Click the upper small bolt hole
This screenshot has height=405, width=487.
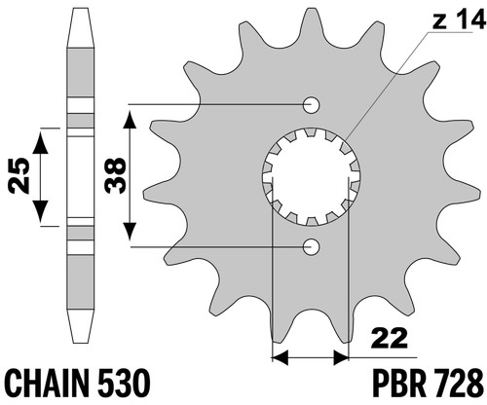pos(311,105)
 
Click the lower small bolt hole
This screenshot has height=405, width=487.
pos(311,247)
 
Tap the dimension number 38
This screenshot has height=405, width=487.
pos(115,175)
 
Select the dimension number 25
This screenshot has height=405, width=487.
pos(19,175)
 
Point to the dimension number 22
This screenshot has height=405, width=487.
pos(390,338)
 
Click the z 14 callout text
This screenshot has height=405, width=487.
pos(458,22)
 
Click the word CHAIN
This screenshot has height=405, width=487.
pos(48,383)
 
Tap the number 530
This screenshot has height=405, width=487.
pos(124,383)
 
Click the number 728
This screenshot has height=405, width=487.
pos(459,383)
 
